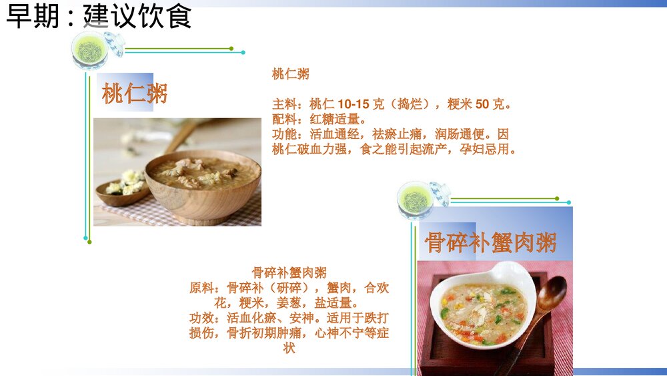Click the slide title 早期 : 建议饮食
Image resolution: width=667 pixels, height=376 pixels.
point(99,16)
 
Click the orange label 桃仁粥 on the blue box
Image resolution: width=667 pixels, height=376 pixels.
point(134,93)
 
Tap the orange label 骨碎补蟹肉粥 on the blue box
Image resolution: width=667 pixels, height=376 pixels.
point(490,242)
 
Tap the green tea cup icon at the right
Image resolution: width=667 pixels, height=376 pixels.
point(415,199)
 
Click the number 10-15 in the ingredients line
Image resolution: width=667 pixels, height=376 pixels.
point(354,105)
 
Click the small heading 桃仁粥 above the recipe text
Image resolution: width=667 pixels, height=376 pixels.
point(290,74)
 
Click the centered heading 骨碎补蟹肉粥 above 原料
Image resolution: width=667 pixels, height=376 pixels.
point(289,272)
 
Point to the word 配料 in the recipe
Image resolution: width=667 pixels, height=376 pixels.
point(284,120)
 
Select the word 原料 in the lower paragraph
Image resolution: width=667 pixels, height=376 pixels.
point(202,288)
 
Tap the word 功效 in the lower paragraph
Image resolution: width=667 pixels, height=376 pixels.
point(202,318)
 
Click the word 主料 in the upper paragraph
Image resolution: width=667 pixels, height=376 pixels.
point(284,105)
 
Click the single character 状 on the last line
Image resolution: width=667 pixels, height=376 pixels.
point(289,348)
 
